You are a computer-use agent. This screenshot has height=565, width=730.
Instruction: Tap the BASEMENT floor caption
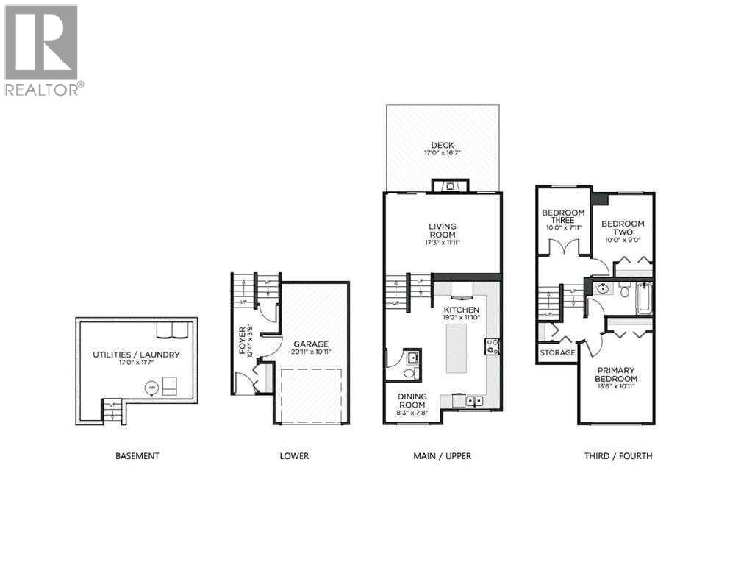(137, 456)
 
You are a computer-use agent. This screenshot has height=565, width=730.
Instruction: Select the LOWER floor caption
(294, 456)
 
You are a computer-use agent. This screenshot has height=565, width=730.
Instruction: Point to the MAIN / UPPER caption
(442, 456)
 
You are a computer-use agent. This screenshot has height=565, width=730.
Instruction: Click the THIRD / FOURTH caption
(618, 456)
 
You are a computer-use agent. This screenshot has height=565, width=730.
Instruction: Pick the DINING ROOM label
(412, 400)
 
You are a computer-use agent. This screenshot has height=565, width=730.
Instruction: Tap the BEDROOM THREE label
(563, 217)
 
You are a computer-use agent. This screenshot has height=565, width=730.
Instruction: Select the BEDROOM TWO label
(623, 228)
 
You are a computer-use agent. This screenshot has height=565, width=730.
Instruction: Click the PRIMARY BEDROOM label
(616, 374)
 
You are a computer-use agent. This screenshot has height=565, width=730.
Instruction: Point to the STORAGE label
(557, 353)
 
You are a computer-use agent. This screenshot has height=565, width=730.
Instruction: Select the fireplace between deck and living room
(447, 185)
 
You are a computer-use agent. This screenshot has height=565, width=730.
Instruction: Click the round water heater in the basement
(152, 385)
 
